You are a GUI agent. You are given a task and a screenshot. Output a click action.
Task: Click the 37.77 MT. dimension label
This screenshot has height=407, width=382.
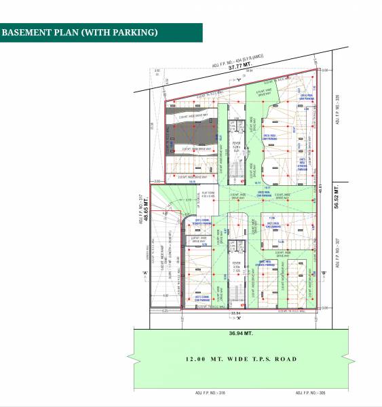[x=240, y=68]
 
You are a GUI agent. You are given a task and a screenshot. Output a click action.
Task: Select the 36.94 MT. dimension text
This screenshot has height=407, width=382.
[x=240, y=333]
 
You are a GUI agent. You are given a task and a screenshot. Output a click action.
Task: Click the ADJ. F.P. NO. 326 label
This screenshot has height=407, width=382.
[x=337, y=109]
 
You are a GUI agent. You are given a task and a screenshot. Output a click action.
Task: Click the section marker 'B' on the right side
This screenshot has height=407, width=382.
[x=324, y=273]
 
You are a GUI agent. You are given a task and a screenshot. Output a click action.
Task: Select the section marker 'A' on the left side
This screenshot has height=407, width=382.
[x=145, y=273]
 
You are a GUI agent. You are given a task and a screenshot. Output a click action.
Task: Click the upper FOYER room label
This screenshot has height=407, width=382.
[x=237, y=144]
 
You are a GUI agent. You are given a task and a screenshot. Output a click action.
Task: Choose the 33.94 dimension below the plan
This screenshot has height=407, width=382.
[x=235, y=313]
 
